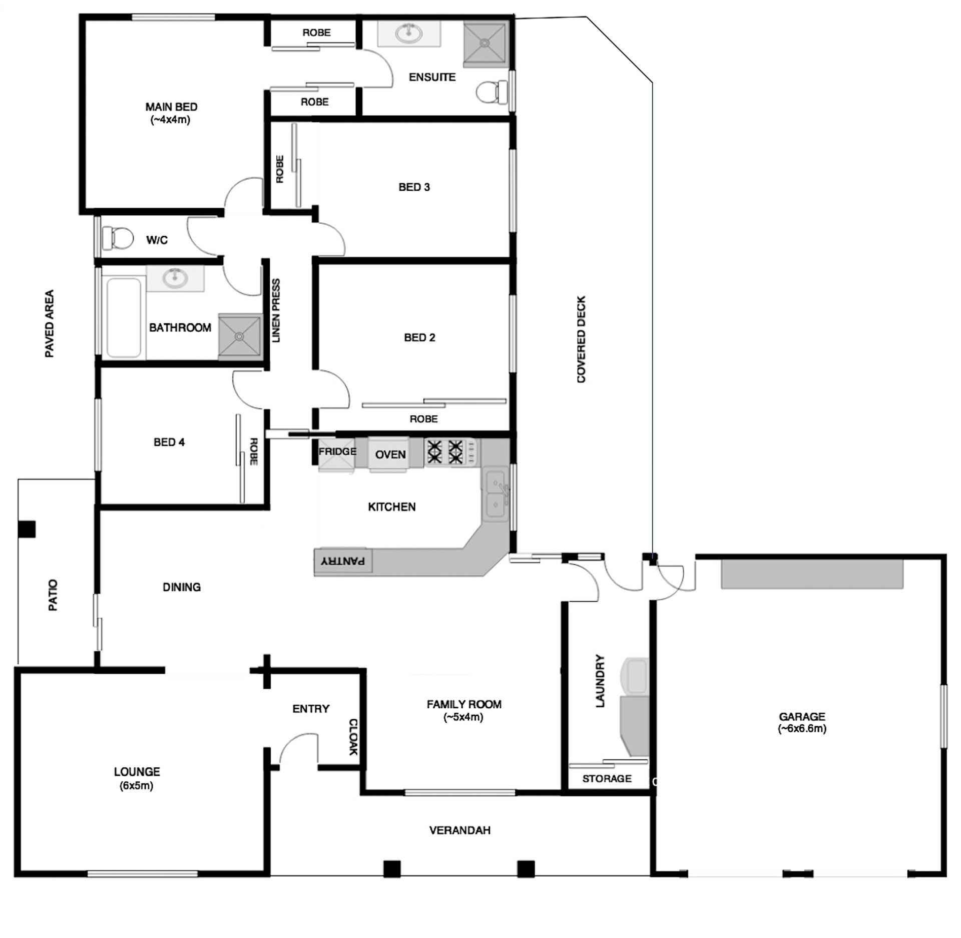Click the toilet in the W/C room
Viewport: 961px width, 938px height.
[x=118, y=238]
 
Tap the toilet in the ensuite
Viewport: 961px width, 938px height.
[x=491, y=92]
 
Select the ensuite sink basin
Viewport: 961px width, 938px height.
[x=408, y=34]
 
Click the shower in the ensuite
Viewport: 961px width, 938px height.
[x=484, y=44]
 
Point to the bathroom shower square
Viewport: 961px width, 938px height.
[x=240, y=336]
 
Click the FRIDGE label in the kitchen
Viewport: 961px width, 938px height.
[x=337, y=451]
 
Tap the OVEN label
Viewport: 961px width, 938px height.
[x=390, y=454]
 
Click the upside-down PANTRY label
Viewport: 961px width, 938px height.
[x=343, y=561]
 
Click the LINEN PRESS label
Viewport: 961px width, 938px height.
[x=276, y=310]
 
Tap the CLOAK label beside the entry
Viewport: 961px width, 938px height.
[x=353, y=737]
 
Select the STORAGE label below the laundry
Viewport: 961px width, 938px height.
[x=607, y=778]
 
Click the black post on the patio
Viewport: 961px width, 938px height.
[x=27, y=529]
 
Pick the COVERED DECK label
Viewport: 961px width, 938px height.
[x=581, y=339]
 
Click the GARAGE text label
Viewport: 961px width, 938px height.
[x=802, y=716]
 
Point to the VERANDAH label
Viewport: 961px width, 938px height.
[x=459, y=830]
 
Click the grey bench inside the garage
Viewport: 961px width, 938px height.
[x=812, y=574]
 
